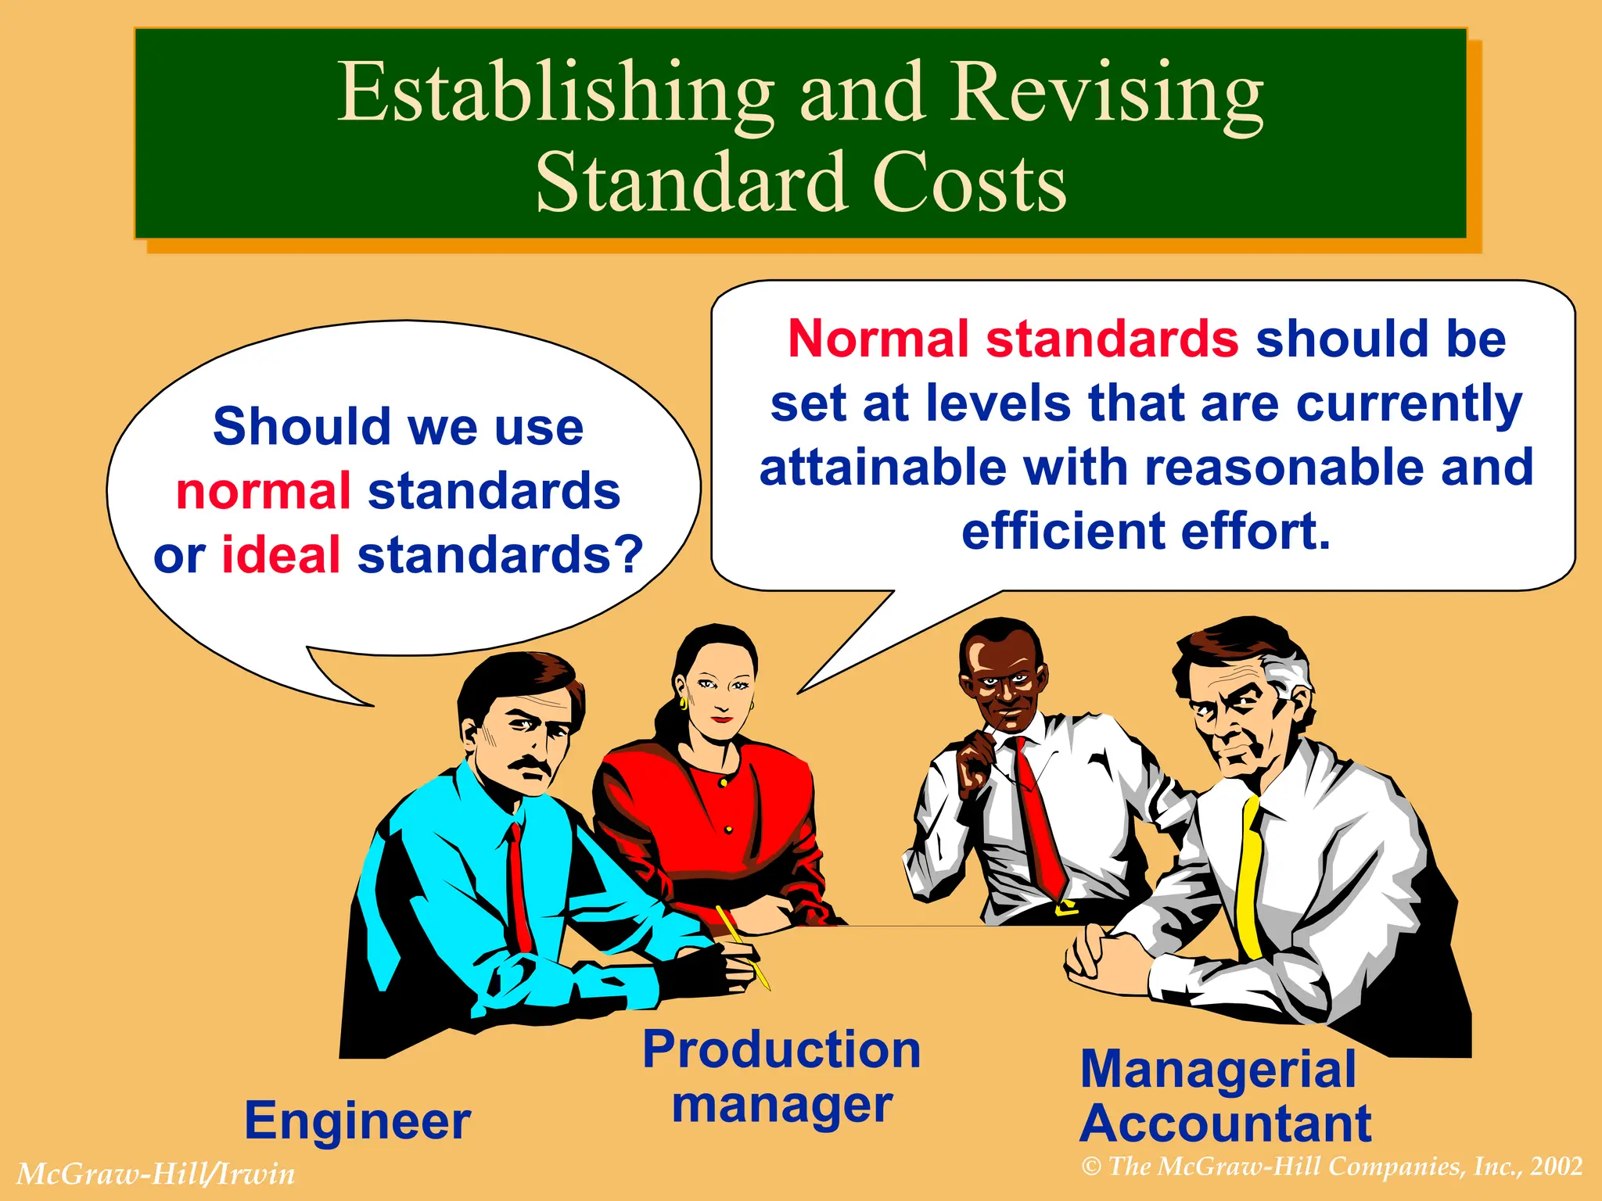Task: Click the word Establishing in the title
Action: (555, 94)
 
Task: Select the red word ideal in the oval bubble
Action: (281, 554)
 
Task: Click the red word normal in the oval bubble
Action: (263, 491)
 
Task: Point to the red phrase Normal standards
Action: (1012, 339)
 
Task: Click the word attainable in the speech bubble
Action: (883, 468)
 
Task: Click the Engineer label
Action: (357, 1120)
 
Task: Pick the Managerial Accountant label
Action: (1225, 1096)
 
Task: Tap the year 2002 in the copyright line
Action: (1557, 1167)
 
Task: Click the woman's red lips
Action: (721, 719)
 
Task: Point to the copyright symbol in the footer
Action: (1091, 1167)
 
